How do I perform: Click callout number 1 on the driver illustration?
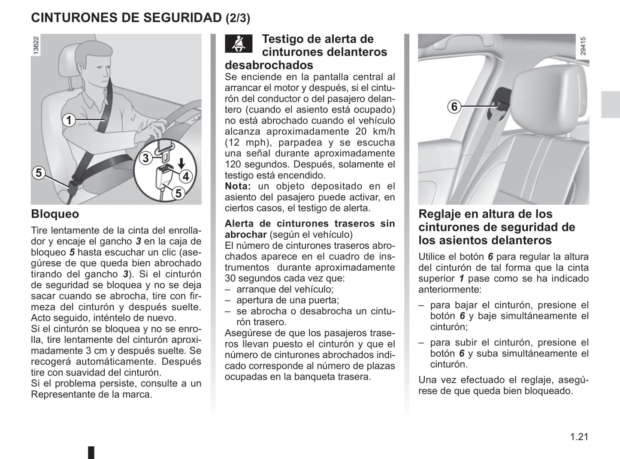pyautogui.click(x=69, y=121)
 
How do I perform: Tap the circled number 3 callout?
pyautogui.click(x=145, y=158)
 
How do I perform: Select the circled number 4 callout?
pyautogui.click(x=186, y=176)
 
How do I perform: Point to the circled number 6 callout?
pyautogui.click(x=454, y=106)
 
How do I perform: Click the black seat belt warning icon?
pyautogui.click(x=239, y=44)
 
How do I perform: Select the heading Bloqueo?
pyautogui.click(x=55, y=214)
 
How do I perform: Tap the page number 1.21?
pyautogui.click(x=579, y=437)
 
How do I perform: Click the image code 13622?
pyautogui.click(x=36, y=45)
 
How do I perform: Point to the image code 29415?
pyautogui.click(x=582, y=46)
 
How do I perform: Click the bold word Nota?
pyautogui.click(x=238, y=186)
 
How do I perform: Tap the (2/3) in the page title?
pyautogui.click(x=238, y=18)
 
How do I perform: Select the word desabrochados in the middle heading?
pyautogui.click(x=269, y=65)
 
